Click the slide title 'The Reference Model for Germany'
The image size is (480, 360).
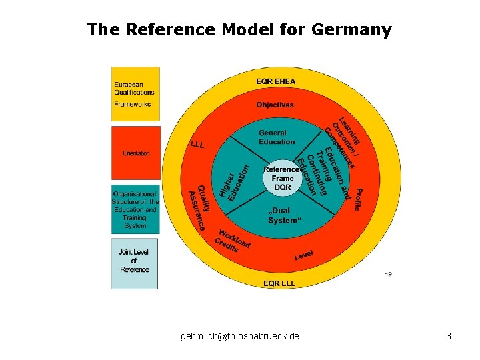(x=239, y=30)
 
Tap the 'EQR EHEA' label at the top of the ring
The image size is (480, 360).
(x=275, y=81)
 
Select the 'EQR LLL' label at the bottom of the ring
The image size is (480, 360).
(x=279, y=283)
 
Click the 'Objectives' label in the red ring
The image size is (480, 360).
(x=275, y=105)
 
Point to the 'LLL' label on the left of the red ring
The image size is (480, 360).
(x=197, y=144)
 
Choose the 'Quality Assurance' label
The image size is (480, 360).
(x=197, y=208)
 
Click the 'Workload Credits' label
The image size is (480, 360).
(x=232, y=241)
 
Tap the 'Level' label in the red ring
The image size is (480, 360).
(x=303, y=255)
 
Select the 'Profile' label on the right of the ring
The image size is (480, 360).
(x=357, y=199)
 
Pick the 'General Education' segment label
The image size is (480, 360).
(x=276, y=137)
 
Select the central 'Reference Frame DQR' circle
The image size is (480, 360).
(x=283, y=179)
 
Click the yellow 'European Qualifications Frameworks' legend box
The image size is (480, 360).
(x=135, y=94)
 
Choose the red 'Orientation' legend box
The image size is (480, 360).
(x=135, y=153)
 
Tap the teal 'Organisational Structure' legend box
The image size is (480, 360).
(x=135, y=209)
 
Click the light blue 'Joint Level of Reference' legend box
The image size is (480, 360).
(x=135, y=263)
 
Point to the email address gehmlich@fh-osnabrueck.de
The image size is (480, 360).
(x=239, y=337)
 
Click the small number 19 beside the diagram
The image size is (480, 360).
(x=388, y=273)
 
